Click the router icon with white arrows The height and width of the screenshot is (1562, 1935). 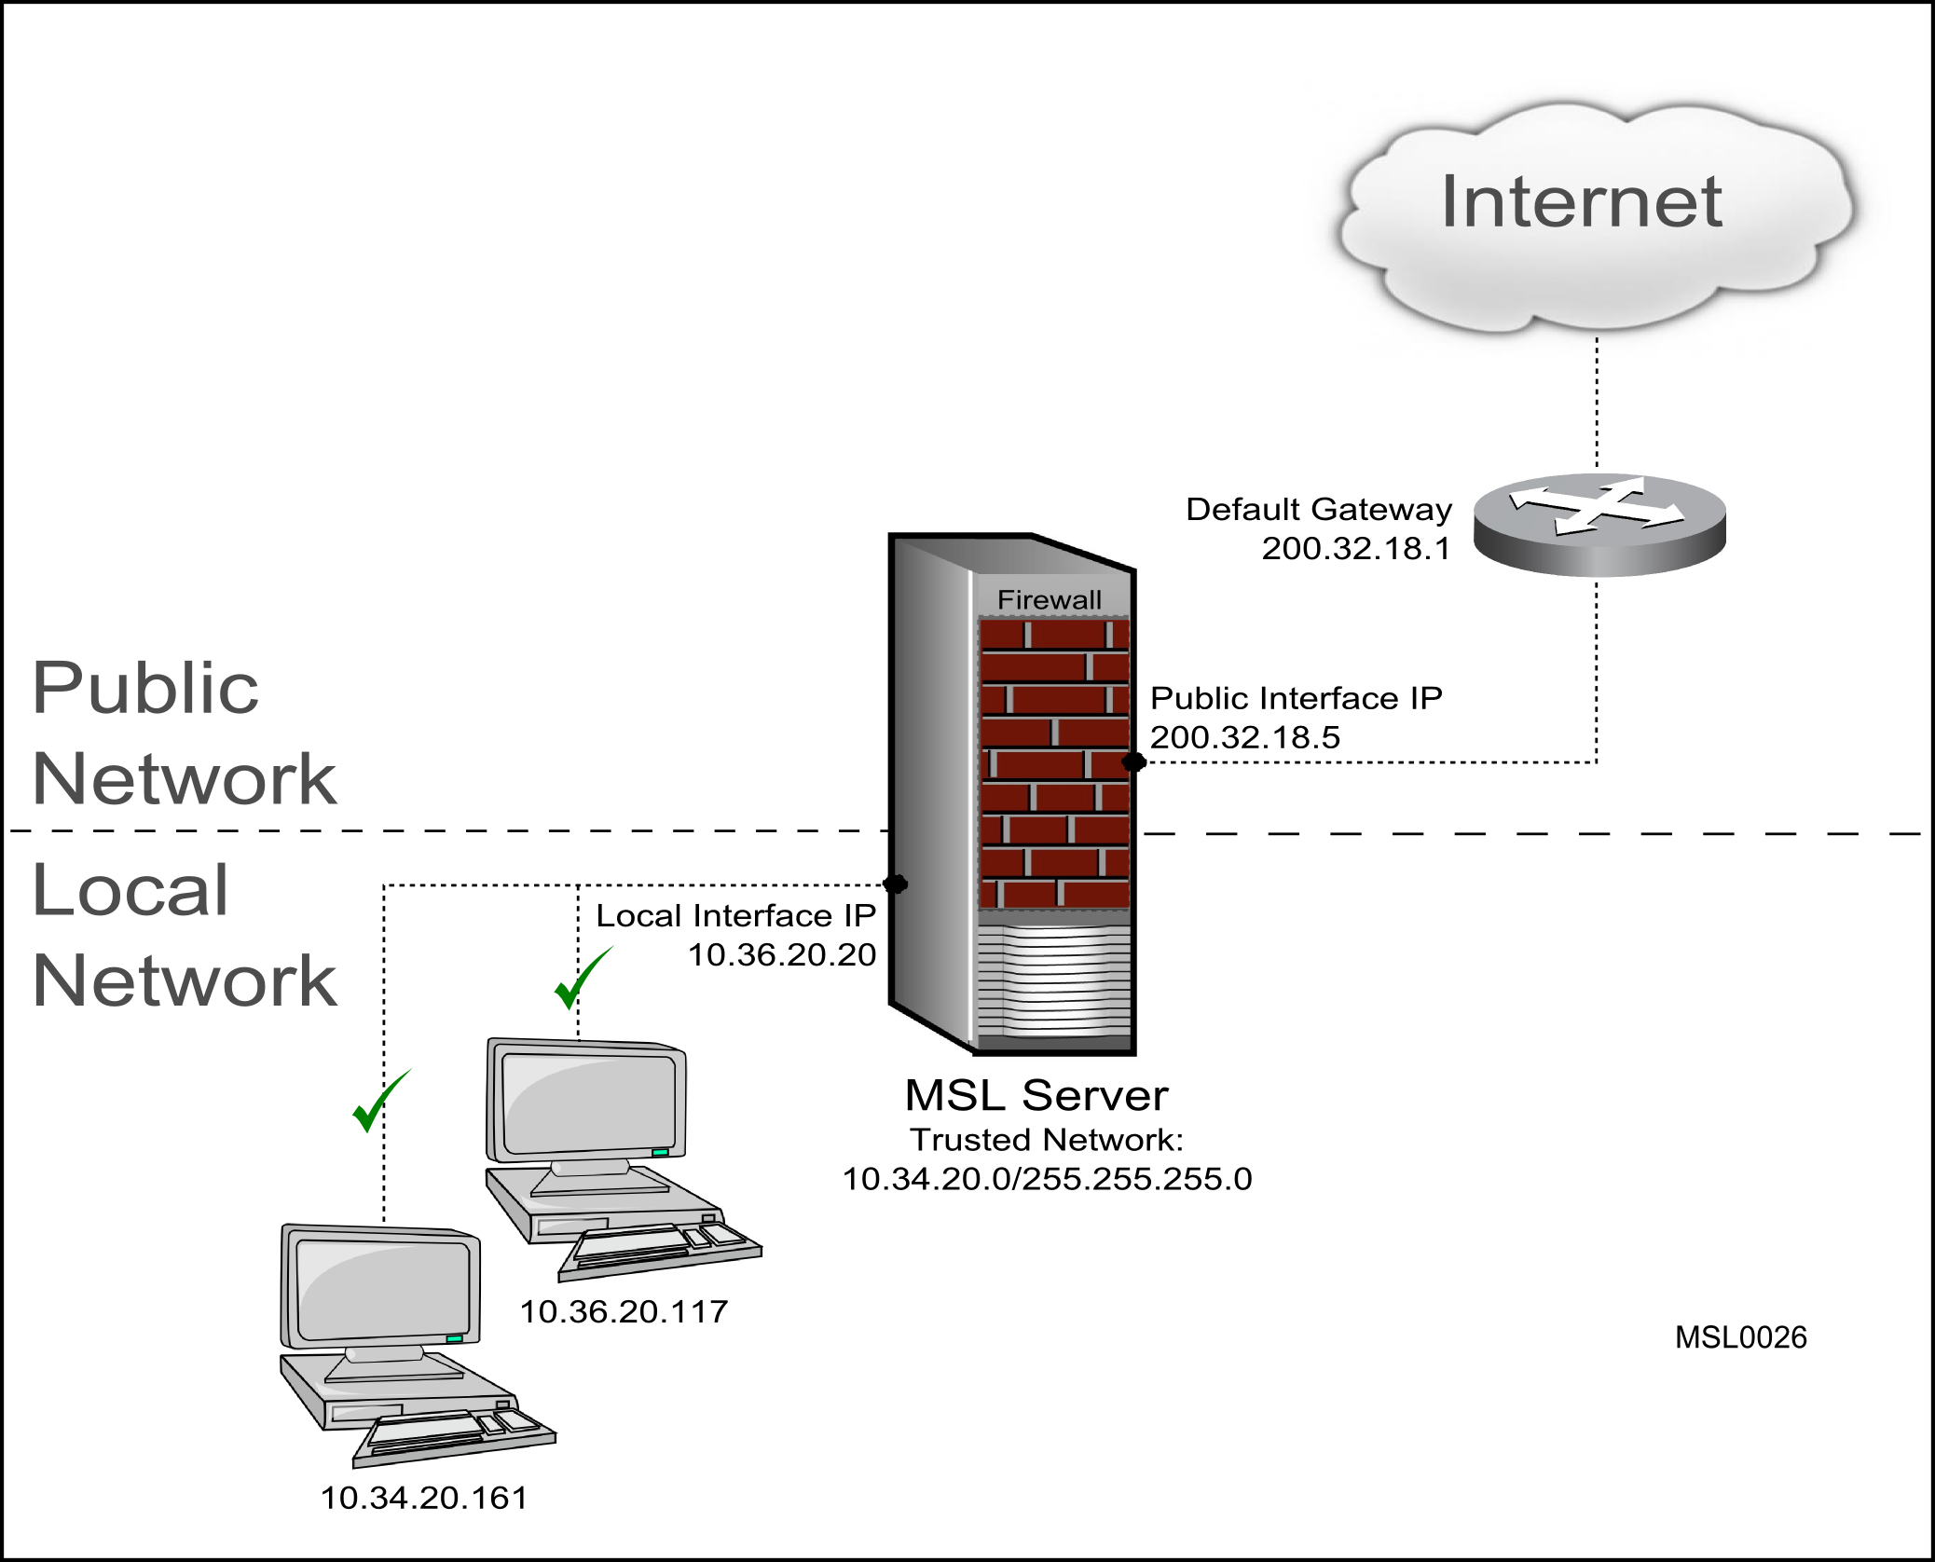pos(1599,525)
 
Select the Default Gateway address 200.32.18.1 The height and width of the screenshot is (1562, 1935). pos(1356,548)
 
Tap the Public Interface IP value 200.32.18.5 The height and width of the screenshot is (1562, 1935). pos(1244,737)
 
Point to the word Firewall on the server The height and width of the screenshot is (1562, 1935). pos(1050,599)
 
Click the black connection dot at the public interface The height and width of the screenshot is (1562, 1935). pos(1133,762)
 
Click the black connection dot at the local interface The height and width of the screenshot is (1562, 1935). pos(895,884)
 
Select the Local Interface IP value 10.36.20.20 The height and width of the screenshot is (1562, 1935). pos(782,954)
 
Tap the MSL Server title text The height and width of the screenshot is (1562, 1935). pos(1036,1095)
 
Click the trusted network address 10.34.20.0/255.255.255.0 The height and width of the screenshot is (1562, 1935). pos(1047,1179)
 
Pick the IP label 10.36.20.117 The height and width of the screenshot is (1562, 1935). pos(624,1312)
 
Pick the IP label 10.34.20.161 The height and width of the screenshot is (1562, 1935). pos(424,1498)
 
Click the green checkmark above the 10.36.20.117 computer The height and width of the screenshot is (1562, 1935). pos(582,978)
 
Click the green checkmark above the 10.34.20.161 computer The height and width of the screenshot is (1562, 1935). pos(379,1101)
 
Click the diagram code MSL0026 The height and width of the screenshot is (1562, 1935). pos(1741,1337)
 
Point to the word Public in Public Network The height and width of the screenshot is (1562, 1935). pos(145,688)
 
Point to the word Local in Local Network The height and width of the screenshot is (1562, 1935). pos(130,890)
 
